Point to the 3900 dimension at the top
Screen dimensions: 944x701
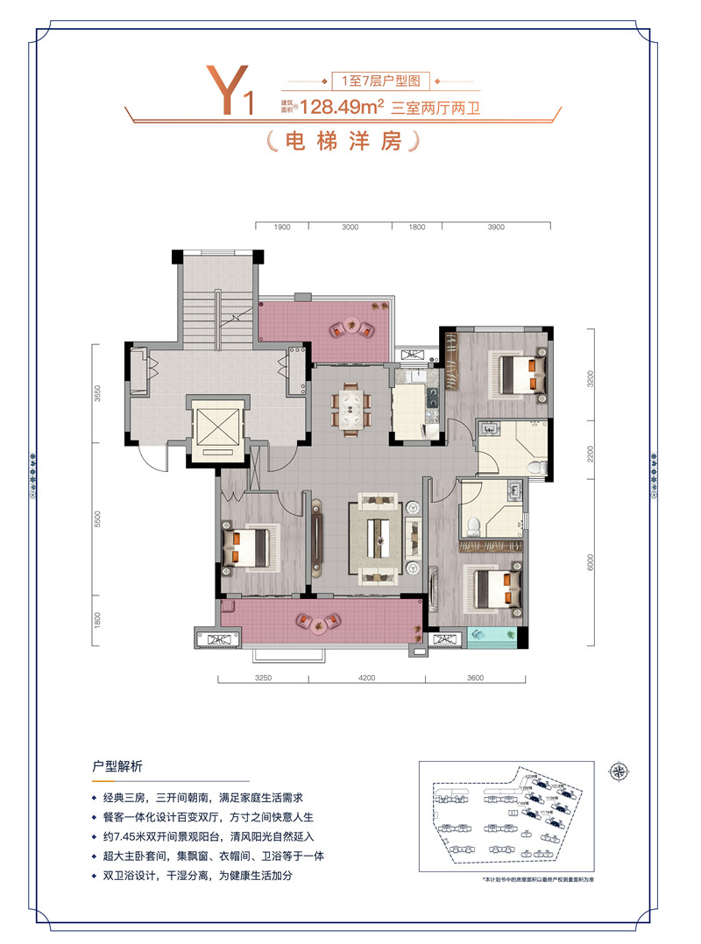(495, 227)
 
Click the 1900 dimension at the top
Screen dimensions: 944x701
(281, 227)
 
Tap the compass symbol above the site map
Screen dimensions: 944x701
(620, 771)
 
